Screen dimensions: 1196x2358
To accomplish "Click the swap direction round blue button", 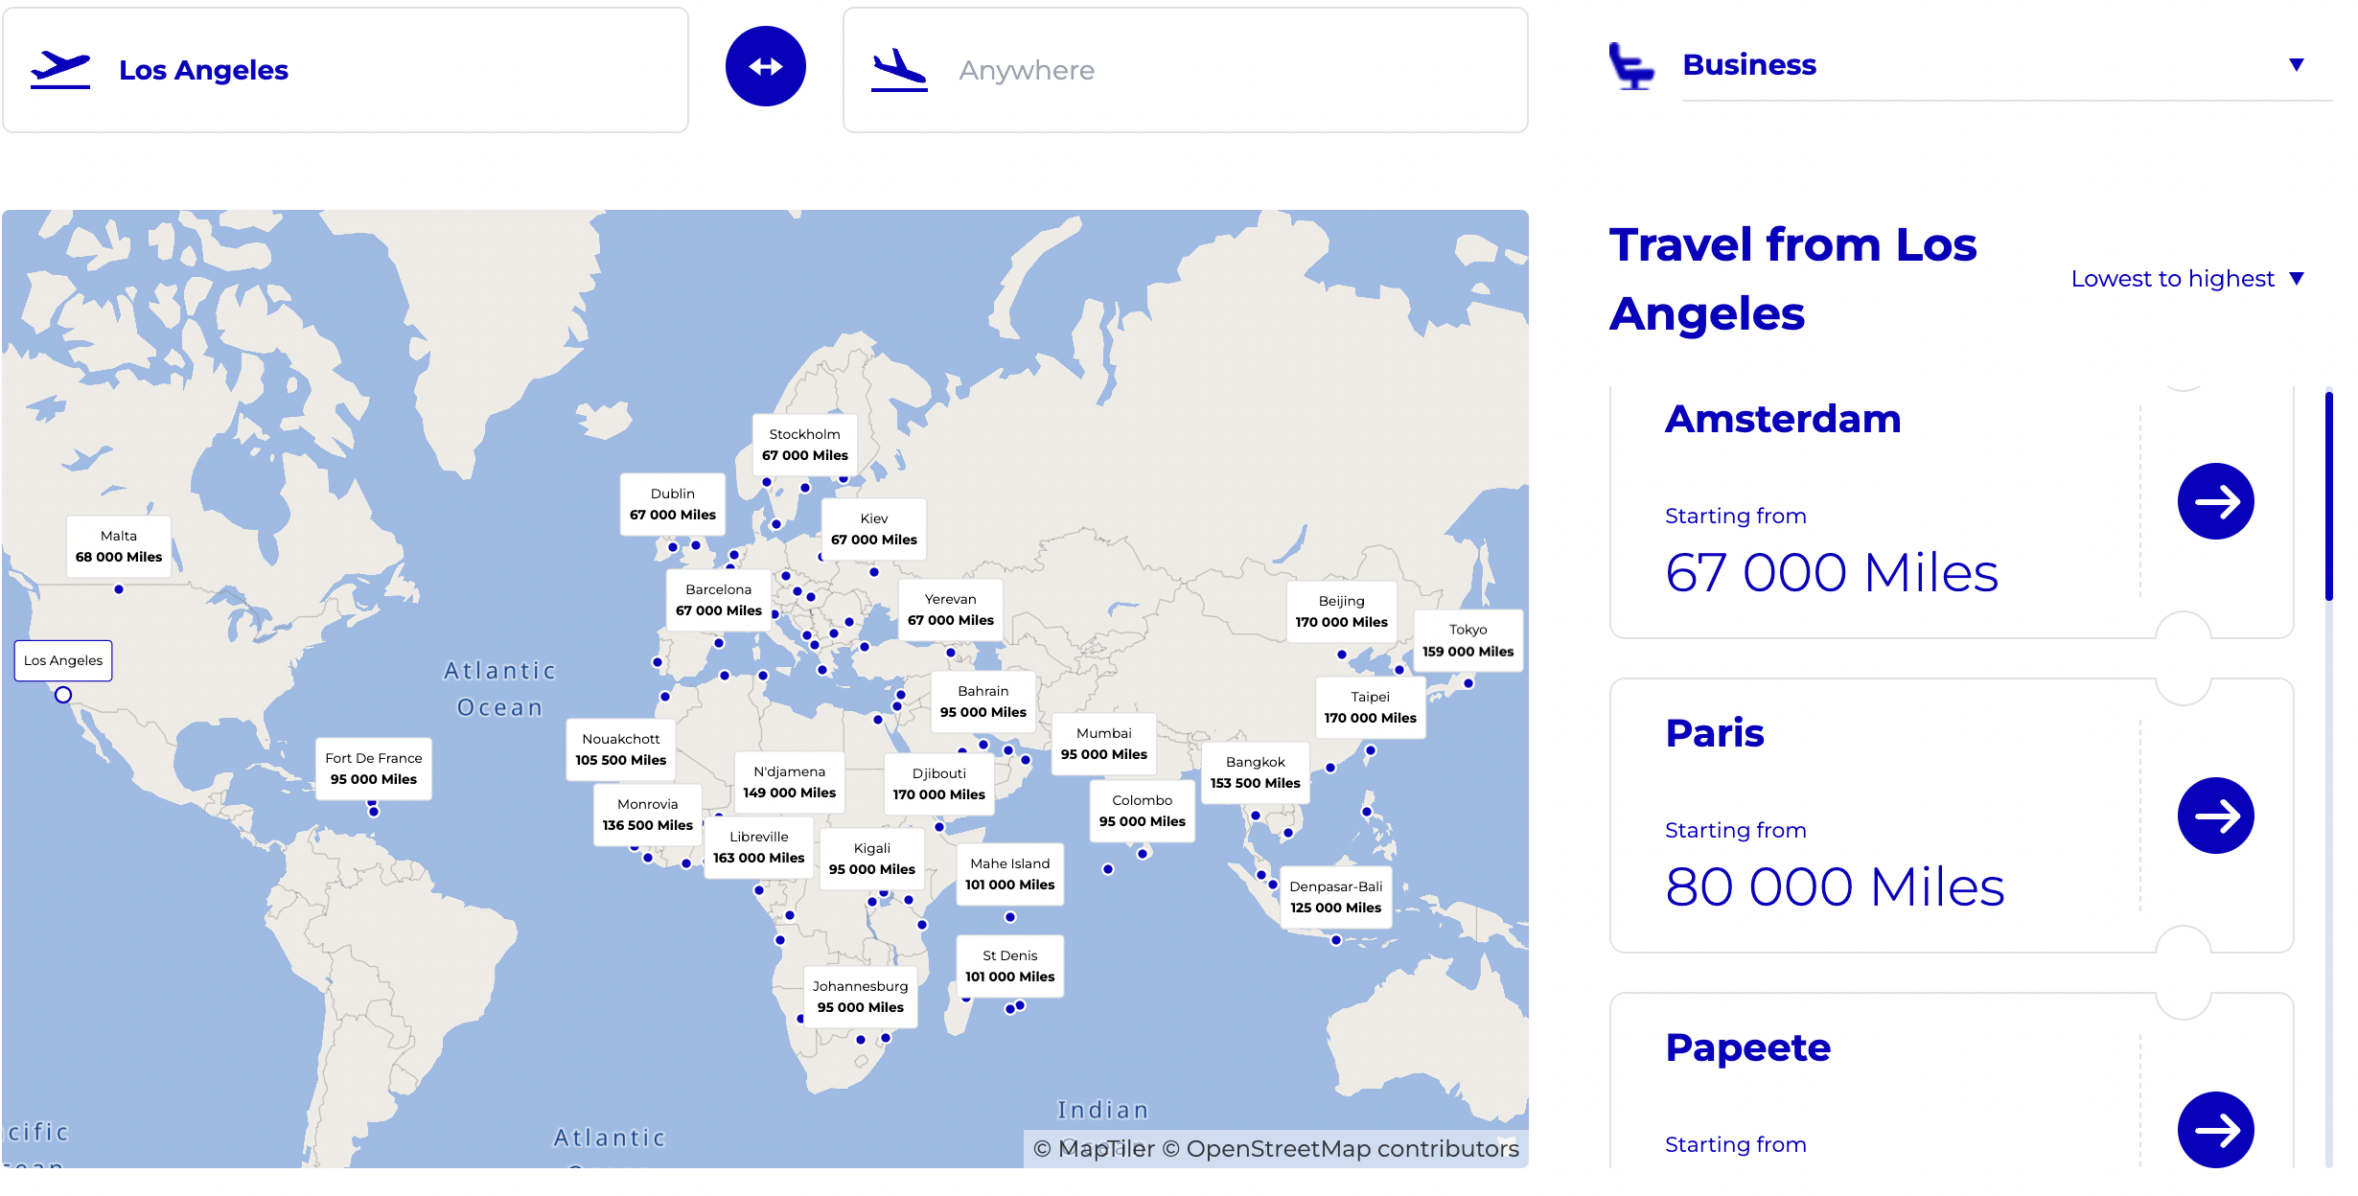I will point(765,66).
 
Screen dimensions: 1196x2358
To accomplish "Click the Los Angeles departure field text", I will point(203,70).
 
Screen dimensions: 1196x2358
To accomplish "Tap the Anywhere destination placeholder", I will point(1026,70).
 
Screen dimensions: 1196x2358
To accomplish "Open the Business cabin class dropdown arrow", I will point(2296,64).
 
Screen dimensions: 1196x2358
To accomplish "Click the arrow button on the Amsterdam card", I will point(2215,501).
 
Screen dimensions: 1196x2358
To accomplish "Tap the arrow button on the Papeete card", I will point(2215,1130).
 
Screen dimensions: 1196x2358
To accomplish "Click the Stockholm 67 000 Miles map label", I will point(804,445).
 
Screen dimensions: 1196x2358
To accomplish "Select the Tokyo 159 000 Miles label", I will point(1468,640).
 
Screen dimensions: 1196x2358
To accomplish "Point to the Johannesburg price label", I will point(860,997).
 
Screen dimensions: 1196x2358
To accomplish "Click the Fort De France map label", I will point(373,769).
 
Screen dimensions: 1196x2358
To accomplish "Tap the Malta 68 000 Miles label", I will point(119,546).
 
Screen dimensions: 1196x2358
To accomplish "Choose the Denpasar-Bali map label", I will point(1335,897).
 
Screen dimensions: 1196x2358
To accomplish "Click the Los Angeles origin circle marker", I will point(63,695).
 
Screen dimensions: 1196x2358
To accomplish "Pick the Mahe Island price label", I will point(1009,874).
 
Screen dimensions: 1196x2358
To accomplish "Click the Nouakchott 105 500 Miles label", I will point(620,749).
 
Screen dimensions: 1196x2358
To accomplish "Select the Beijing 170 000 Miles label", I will point(1341,611).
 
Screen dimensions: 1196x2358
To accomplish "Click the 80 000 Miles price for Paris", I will point(1834,886).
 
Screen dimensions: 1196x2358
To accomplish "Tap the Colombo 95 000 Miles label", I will point(1142,811).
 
